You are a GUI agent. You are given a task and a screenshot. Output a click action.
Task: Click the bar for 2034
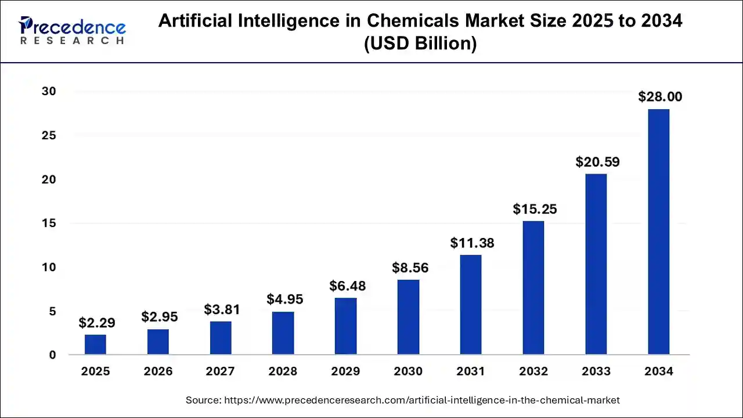[x=658, y=232]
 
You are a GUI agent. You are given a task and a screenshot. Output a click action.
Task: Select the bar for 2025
[x=95, y=344]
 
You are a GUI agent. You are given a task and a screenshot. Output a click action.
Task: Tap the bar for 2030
[x=408, y=317]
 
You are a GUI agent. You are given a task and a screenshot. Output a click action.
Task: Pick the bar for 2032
[x=533, y=287]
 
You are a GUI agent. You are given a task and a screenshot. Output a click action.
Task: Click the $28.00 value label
[x=660, y=97]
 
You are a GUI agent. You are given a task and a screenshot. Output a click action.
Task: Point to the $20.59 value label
[x=597, y=162]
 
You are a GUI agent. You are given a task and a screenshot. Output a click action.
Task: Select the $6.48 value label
[x=347, y=286]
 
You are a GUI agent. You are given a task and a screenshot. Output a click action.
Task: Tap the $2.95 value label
[x=159, y=317]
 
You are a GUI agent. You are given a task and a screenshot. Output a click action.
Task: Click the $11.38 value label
[x=472, y=243]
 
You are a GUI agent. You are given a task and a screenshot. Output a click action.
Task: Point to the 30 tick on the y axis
[x=49, y=92]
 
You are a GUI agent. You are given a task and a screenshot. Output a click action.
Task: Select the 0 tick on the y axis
[x=52, y=355]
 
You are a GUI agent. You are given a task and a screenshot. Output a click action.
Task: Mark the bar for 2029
[x=346, y=326]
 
